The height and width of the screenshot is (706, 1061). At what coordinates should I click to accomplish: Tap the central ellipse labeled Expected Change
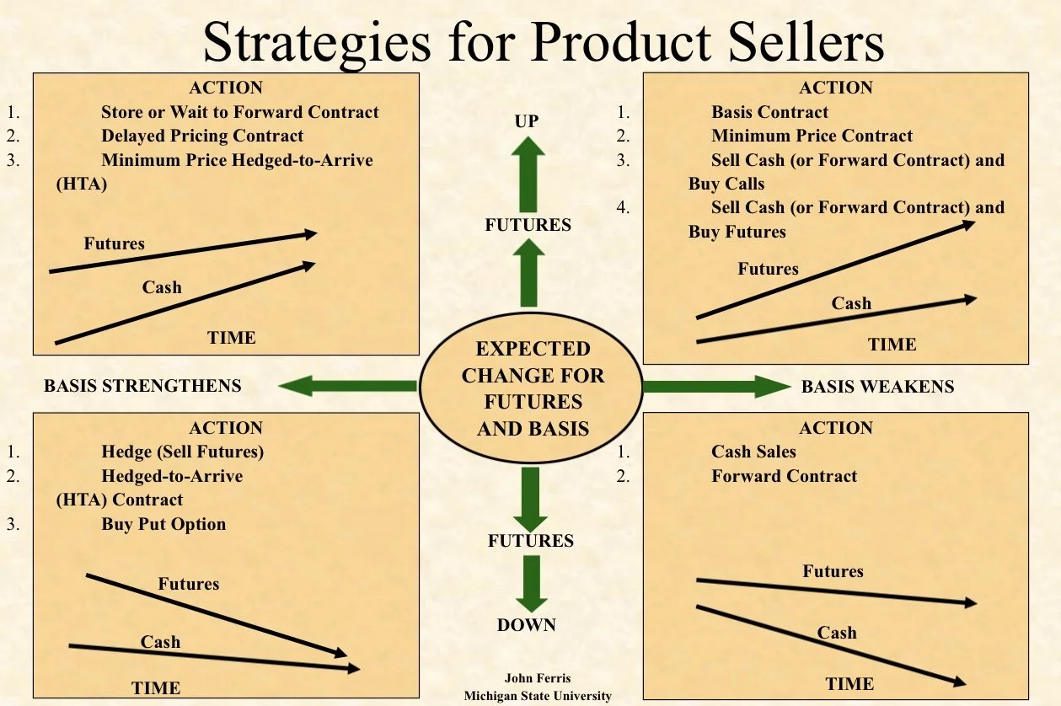coord(533,388)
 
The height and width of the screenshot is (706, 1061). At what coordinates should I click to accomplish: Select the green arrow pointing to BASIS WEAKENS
coord(716,387)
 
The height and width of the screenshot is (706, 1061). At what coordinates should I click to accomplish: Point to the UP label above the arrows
coord(527,121)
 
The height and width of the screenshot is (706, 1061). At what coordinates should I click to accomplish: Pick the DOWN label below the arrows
coord(527,624)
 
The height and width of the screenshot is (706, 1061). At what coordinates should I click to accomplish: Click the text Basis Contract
coord(769,112)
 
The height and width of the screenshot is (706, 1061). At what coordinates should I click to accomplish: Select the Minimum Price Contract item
coord(812,136)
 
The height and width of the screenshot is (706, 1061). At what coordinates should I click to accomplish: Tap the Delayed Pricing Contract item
coord(202,136)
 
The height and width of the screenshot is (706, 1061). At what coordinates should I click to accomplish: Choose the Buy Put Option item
coord(163,523)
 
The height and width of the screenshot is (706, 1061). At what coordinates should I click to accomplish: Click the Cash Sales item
coord(753,452)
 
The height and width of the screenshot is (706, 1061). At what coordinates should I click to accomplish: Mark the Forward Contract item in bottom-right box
coord(784,475)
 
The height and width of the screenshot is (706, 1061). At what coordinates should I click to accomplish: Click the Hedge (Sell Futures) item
coord(182,452)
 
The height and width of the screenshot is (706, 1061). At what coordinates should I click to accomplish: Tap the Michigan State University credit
coord(538,696)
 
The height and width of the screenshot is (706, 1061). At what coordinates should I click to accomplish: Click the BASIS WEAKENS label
coord(877,387)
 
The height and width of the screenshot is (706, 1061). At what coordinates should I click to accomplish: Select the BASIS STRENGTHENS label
coord(142,386)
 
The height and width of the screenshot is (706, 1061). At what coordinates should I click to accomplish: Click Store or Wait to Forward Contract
coord(240,112)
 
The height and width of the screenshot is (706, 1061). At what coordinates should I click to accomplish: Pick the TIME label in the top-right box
coord(892,344)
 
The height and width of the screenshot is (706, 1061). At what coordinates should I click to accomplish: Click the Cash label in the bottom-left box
coord(160,642)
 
